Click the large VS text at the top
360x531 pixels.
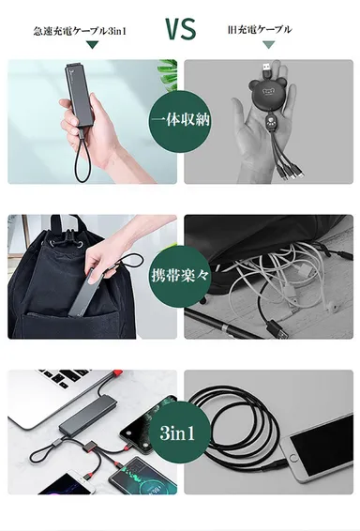coord(181,29)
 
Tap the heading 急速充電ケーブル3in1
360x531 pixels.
coord(80,31)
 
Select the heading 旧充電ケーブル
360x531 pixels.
coord(260,30)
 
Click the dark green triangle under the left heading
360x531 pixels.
coord(92,45)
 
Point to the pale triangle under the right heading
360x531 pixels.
coord(269,45)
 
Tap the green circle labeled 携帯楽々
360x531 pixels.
coord(180,276)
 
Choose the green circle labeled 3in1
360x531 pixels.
coord(178,433)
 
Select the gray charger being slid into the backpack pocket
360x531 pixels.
coord(84,293)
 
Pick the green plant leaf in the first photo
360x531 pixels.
coord(169,73)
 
